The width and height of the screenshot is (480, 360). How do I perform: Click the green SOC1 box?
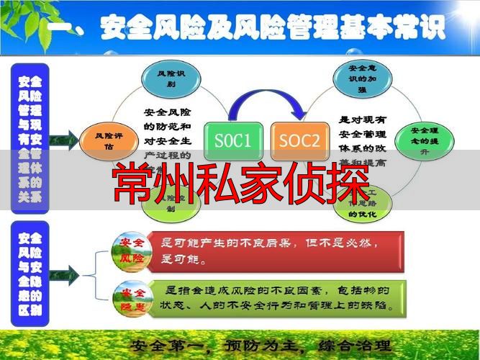(232, 140)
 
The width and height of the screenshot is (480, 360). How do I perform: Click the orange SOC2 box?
(297, 140)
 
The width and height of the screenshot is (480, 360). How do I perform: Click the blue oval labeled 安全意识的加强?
(357, 78)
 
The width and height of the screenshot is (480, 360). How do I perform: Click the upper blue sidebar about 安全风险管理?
(30, 138)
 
